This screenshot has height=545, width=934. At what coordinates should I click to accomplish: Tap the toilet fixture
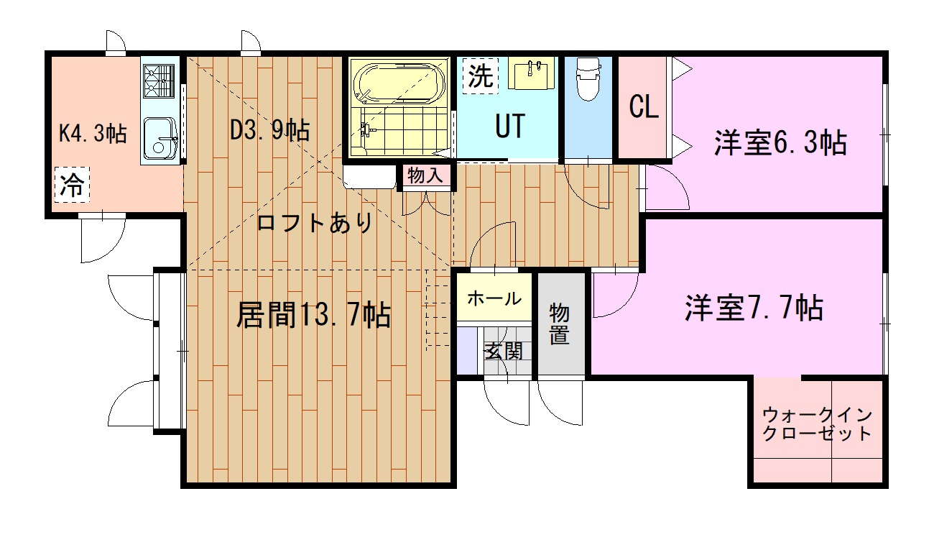point(588,78)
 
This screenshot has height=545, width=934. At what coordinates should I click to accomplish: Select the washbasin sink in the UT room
point(532,73)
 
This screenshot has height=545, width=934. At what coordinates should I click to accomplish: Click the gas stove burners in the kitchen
point(159,80)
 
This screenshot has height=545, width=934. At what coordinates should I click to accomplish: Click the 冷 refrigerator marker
point(71,186)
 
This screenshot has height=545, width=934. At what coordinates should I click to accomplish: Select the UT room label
point(509,127)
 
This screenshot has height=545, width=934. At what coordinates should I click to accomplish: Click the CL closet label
point(644,108)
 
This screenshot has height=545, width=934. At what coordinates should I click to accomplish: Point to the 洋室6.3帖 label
point(780,143)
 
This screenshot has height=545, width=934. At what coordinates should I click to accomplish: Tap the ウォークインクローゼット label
point(817,424)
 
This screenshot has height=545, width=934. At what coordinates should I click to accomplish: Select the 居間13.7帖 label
point(314,315)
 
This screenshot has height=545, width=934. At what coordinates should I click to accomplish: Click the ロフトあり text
point(315,223)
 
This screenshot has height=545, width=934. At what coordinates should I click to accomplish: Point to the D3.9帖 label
point(269,130)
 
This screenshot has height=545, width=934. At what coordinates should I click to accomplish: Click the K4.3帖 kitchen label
point(93,133)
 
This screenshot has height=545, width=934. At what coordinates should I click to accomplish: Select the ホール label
point(494,298)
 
